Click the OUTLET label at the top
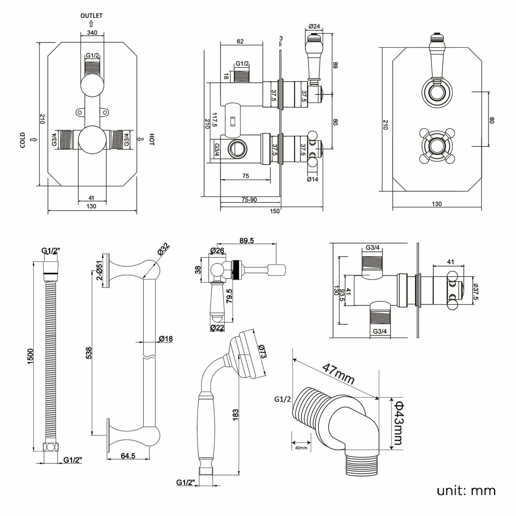click(x=91, y=16)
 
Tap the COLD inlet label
click(x=23, y=140)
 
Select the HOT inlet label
click(x=152, y=139)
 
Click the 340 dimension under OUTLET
click(x=92, y=33)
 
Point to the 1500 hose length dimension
click(x=31, y=356)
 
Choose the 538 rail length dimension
click(x=88, y=353)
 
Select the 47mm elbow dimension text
click(x=338, y=374)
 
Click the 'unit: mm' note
click(x=466, y=491)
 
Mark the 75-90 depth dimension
click(x=249, y=200)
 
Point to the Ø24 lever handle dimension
click(x=314, y=26)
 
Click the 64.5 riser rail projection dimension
click(x=128, y=456)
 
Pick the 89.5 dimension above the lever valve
click(x=247, y=240)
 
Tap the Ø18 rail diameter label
click(x=165, y=339)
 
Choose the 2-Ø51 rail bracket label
click(x=99, y=270)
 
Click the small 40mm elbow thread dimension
click(x=301, y=448)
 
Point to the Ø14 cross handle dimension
click(x=312, y=179)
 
